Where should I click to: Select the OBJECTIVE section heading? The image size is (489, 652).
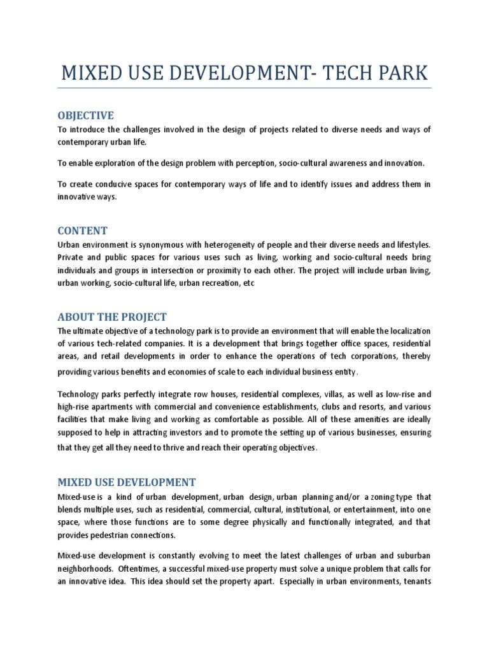pyautogui.click(x=85, y=115)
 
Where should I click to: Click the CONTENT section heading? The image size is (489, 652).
pyautogui.click(x=82, y=230)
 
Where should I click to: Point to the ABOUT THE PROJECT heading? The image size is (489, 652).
pyautogui.click(x=112, y=317)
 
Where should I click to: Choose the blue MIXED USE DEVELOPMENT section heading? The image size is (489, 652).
pyautogui.click(x=127, y=482)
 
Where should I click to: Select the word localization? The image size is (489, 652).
pyautogui.click(x=404, y=331)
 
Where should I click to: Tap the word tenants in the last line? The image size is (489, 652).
pyautogui.click(x=416, y=581)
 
